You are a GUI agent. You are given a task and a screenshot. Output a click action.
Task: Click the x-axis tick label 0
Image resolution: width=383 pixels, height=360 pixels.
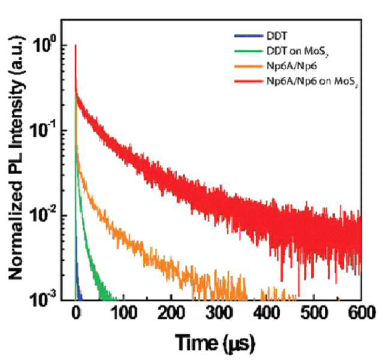(76, 313)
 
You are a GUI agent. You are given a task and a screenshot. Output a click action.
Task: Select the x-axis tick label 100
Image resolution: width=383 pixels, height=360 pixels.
(123, 313)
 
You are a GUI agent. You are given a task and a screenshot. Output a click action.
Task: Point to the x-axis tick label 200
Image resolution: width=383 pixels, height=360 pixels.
(171, 313)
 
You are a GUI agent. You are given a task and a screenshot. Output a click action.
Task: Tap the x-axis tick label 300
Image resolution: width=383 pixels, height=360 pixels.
(219, 313)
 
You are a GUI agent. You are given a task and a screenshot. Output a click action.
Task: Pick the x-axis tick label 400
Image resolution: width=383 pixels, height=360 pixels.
(266, 313)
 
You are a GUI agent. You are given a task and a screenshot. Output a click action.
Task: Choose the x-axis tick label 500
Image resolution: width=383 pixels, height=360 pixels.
(314, 313)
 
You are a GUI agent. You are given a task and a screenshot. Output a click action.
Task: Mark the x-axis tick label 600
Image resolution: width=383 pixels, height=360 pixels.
(361, 313)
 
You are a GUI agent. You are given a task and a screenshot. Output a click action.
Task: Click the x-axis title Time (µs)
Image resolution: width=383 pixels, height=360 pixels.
(215, 343)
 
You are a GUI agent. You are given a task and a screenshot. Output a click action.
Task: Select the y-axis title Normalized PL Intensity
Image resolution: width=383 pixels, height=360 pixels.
(17, 157)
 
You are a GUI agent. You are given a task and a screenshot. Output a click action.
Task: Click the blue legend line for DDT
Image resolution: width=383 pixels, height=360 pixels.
(248, 37)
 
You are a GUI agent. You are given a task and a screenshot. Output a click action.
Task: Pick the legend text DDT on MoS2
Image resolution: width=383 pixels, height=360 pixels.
(297, 52)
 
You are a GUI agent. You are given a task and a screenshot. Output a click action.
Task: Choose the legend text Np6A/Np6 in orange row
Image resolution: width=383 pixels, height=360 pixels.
(292, 66)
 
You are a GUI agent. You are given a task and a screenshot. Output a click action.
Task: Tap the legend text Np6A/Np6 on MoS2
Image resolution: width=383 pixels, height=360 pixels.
(312, 81)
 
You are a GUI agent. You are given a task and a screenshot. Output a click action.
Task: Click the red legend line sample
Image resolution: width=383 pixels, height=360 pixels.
(248, 81)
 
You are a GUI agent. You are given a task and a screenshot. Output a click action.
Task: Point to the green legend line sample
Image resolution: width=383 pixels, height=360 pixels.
(248, 52)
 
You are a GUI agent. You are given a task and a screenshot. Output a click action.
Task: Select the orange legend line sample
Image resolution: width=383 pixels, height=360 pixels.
(248, 66)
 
